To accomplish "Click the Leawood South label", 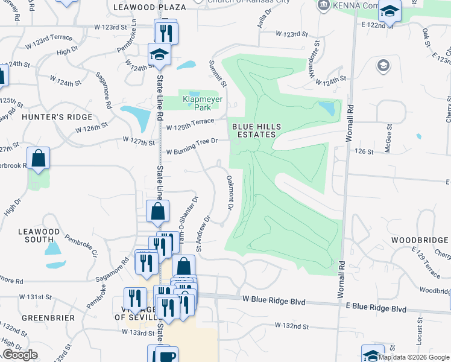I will [39, 235].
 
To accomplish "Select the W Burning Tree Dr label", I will [191, 145].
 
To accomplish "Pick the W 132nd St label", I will [292, 326].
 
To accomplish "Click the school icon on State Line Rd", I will [160, 56].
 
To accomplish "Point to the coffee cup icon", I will [166, 355].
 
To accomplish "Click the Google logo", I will [20, 355].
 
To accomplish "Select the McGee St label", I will [389, 138].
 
